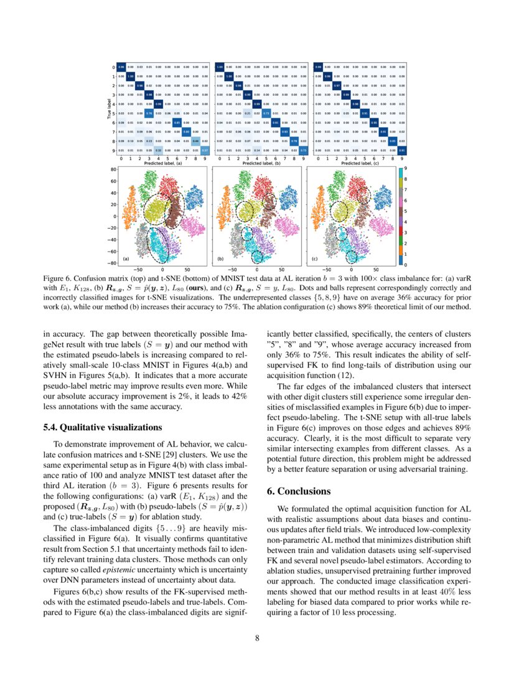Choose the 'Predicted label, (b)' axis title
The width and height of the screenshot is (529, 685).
click(260, 163)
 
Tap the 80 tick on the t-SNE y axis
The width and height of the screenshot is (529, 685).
click(113, 169)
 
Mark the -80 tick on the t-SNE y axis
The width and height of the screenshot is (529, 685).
click(112, 263)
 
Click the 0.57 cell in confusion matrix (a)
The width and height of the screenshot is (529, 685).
click(205, 150)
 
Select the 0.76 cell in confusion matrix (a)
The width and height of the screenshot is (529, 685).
click(149, 113)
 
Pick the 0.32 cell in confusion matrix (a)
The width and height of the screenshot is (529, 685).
click(159, 150)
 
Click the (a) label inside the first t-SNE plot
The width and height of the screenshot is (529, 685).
click(126, 258)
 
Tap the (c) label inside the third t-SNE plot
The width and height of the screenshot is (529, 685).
click(314, 258)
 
